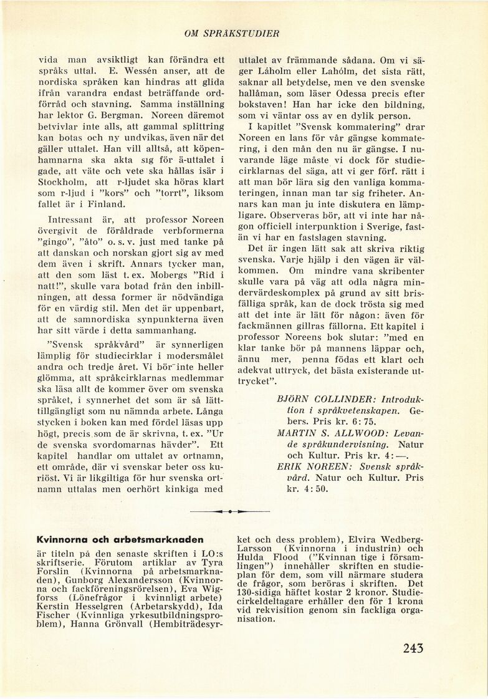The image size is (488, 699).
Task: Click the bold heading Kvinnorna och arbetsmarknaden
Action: click(120, 539)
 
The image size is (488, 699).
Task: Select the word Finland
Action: click(106, 204)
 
